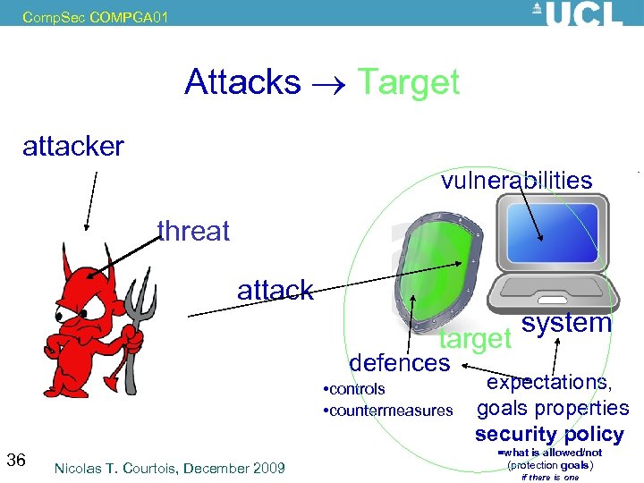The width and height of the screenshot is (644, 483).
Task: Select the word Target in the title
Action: pyautogui.click(x=408, y=82)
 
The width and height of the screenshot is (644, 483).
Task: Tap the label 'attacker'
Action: pyautogui.click(x=73, y=146)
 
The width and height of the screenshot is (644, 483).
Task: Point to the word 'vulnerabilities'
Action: pyautogui.click(x=516, y=181)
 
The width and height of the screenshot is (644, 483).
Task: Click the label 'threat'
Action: pyautogui.click(x=193, y=231)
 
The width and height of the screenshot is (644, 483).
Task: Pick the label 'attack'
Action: pyautogui.click(x=275, y=290)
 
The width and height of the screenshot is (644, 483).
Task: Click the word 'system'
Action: pyautogui.click(x=566, y=323)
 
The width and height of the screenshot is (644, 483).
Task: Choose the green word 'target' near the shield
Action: pyautogui.click(x=474, y=338)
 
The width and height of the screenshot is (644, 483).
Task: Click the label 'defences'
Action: pyautogui.click(x=399, y=362)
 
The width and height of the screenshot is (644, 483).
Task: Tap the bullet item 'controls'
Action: pyautogui.click(x=357, y=389)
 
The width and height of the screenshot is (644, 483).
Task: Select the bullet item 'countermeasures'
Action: pyautogui.click(x=391, y=411)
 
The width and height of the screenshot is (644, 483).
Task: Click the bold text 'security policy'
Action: pyautogui.click(x=549, y=435)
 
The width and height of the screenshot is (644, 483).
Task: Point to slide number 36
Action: pyautogui.click(x=16, y=461)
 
